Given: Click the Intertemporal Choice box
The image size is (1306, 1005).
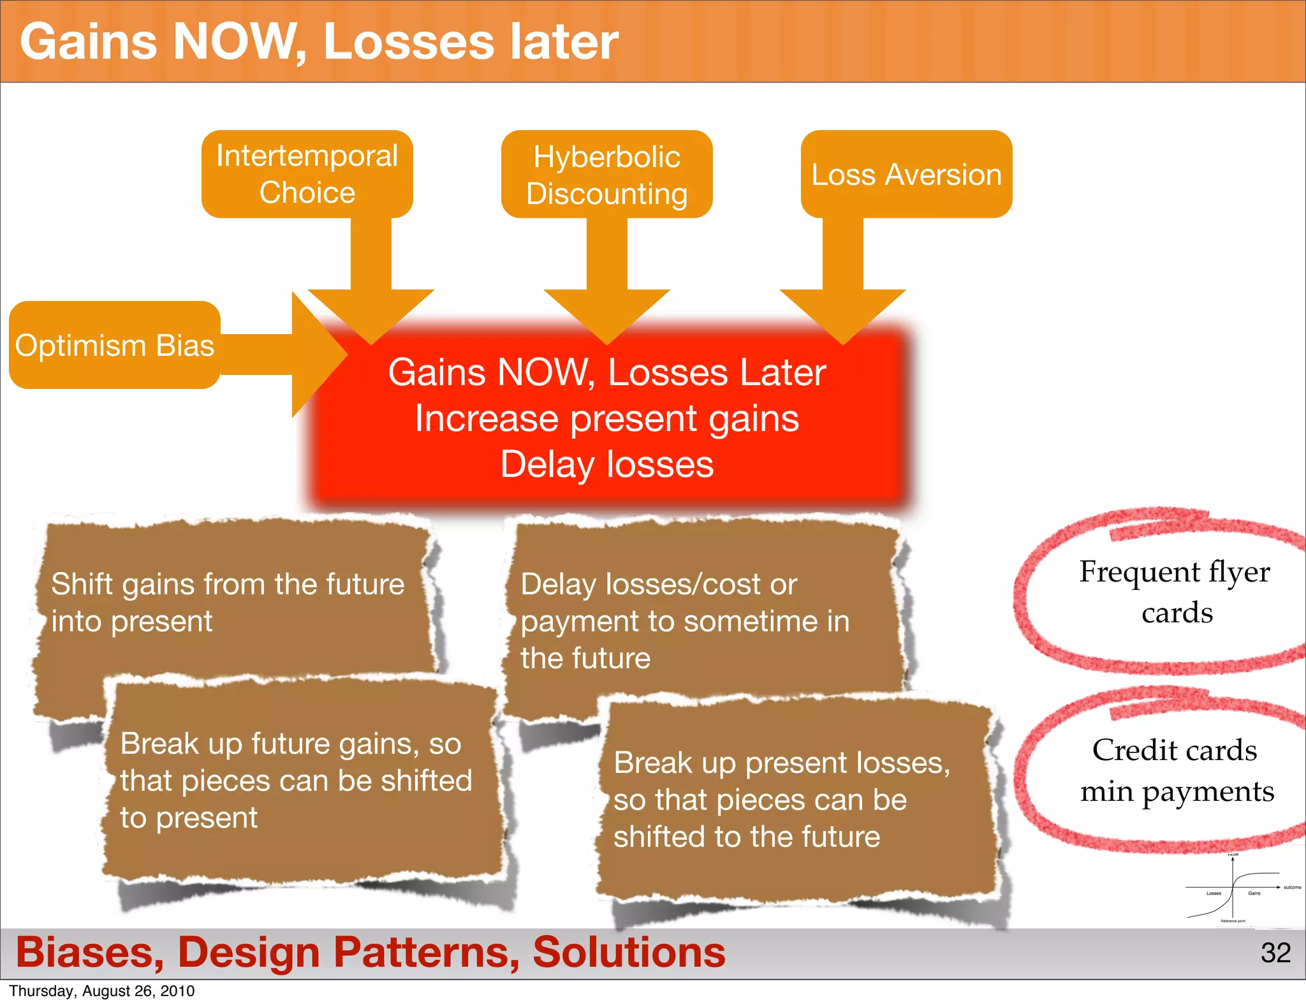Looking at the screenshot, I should (307, 174).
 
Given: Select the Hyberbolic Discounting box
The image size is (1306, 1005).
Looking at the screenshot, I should (606, 174).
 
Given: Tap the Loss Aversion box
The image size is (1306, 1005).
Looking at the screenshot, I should (906, 174).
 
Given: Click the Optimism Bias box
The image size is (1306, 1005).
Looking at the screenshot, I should (115, 345).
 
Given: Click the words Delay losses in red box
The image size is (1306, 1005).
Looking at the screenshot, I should (606, 464).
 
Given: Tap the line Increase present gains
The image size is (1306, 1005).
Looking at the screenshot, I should (606, 419).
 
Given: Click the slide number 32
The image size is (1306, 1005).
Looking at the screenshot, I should (1275, 953).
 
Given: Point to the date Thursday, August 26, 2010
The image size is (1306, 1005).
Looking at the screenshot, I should (102, 991).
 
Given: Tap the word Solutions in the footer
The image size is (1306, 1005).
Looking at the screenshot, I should (629, 952).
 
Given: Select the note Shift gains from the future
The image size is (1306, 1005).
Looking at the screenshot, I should (228, 602).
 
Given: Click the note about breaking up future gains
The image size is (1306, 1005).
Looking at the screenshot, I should (296, 781).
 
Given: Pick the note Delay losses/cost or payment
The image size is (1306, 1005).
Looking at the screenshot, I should (685, 620).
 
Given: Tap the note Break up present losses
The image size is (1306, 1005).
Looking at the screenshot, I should (782, 800).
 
